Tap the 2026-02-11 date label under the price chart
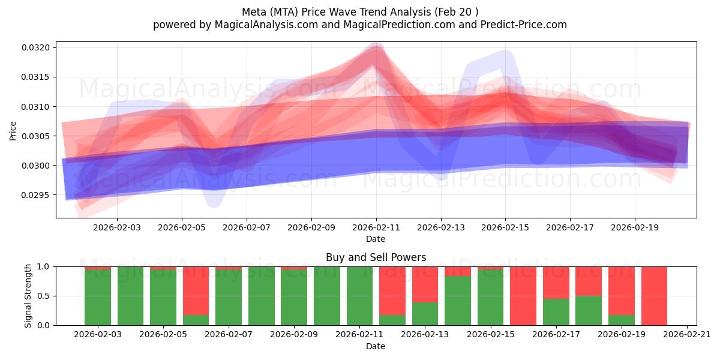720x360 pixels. pyautogui.click(x=376, y=228)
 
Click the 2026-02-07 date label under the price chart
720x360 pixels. pyautogui.click(x=247, y=228)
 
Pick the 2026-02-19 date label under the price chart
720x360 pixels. pyautogui.click(x=635, y=228)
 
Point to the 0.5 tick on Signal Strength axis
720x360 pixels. pyautogui.click(x=46, y=296)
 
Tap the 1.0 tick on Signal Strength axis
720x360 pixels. pyautogui.click(x=46, y=266)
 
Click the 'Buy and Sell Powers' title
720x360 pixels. pyautogui.click(x=376, y=257)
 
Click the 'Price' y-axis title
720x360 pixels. pyautogui.click(x=13, y=130)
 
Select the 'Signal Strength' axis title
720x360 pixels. pyautogui.click(x=28, y=296)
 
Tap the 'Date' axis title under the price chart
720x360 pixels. pyautogui.click(x=376, y=239)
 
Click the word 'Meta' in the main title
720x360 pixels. pyautogui.click(x=255, y=12)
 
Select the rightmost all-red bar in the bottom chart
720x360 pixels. pyautogui.click(x=654, y=296)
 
